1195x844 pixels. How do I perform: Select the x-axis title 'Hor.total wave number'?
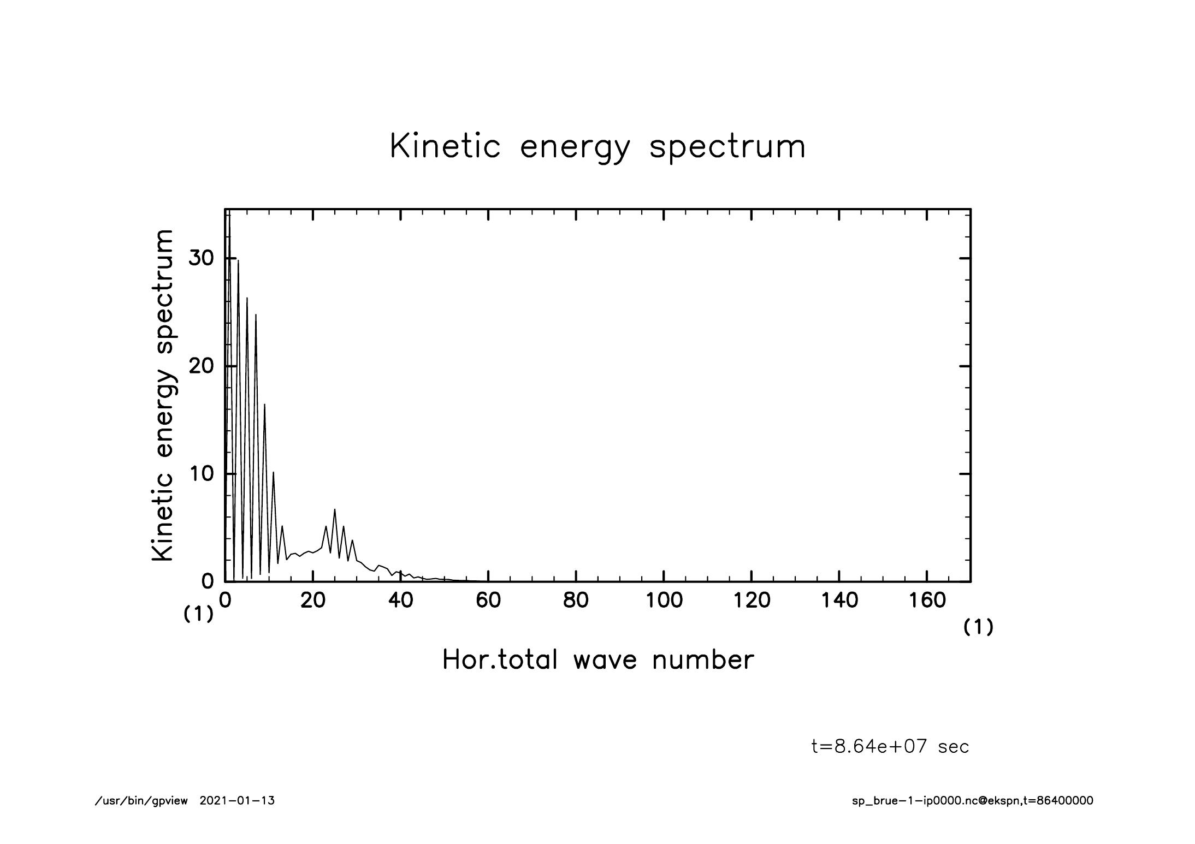coord(597,660)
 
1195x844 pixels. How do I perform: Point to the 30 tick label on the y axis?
coord(200,258)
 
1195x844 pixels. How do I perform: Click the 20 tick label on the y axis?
coord(200,366)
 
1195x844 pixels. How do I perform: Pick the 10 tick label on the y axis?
coord(200,473)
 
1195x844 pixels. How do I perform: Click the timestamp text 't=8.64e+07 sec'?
coord(890,746)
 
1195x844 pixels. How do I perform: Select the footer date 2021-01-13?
coord(237,801)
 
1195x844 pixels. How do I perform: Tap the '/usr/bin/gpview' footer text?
coord(141,801)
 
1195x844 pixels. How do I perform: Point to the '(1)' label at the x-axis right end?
coord(978,628)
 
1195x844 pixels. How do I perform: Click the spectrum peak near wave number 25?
coord(335,509)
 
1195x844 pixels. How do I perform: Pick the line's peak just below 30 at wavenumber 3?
coord(238,261)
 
